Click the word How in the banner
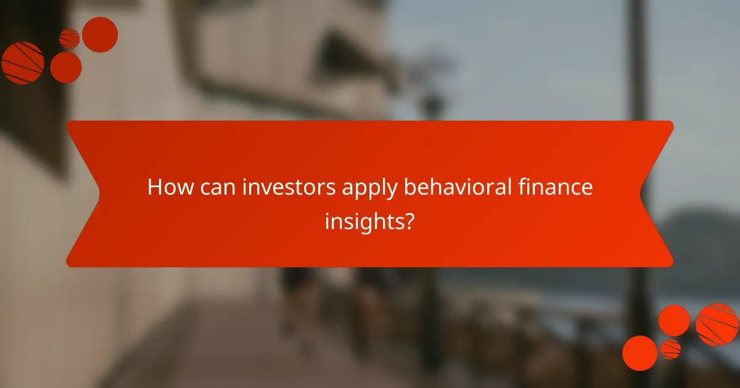(x=166, y=188)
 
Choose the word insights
(x=364, y=221)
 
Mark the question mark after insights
(x=409, y=221)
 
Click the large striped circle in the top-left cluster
(x=22, y=63)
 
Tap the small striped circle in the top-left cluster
(x=69, y=39)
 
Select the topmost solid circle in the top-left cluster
(x=100, y=34)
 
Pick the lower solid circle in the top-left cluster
(x=65, y=67)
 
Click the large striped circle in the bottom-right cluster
(x=717, y=325)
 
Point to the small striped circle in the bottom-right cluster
(x=670, y=349)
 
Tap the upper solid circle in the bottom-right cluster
(x=674, y=320)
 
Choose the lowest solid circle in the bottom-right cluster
(x=639, y=353)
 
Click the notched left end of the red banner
(x=83, y=194)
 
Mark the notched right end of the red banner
(x=657, y=194)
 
